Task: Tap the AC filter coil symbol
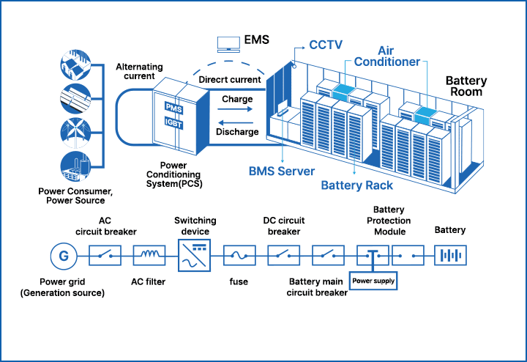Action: pyautogui.click(x=149, y=255)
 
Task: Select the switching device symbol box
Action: pyautogui.click(x=194, y=254)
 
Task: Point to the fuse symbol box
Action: pyautogui.click(x=239, y=255)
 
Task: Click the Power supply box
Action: pyautogui.click(x=373, y=280)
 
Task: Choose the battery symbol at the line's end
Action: pyautogui.click(x=451, y=255)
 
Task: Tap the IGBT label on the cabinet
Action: pyautogui.click(x=174, y=124)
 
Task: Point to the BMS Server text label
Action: pyautogui.click(x=282, y=171)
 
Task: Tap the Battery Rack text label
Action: pyautogui.click(x=357, y=185)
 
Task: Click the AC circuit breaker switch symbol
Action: pyautogui.click(x=104, y=255)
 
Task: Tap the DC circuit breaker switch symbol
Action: pyautogui.click(x=283, y=255)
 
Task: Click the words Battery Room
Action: pyautogui.click(x=466, y=86)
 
